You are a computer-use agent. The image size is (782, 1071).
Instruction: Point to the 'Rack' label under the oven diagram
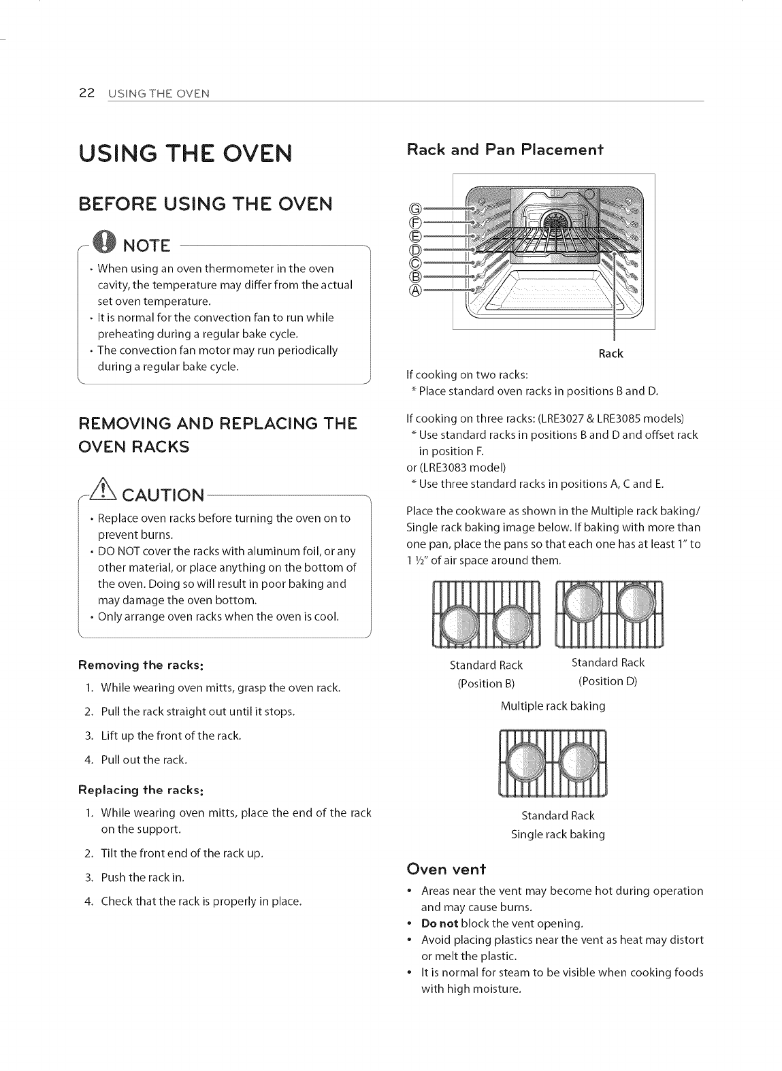610,354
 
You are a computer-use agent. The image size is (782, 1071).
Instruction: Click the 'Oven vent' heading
445,869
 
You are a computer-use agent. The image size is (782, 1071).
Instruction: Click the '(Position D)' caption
607,681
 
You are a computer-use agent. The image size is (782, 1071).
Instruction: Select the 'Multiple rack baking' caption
553,706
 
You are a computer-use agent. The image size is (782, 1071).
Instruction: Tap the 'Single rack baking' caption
557,834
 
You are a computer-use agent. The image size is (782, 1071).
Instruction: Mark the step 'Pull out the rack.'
144,759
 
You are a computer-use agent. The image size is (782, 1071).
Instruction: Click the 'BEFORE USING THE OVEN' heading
206,203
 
